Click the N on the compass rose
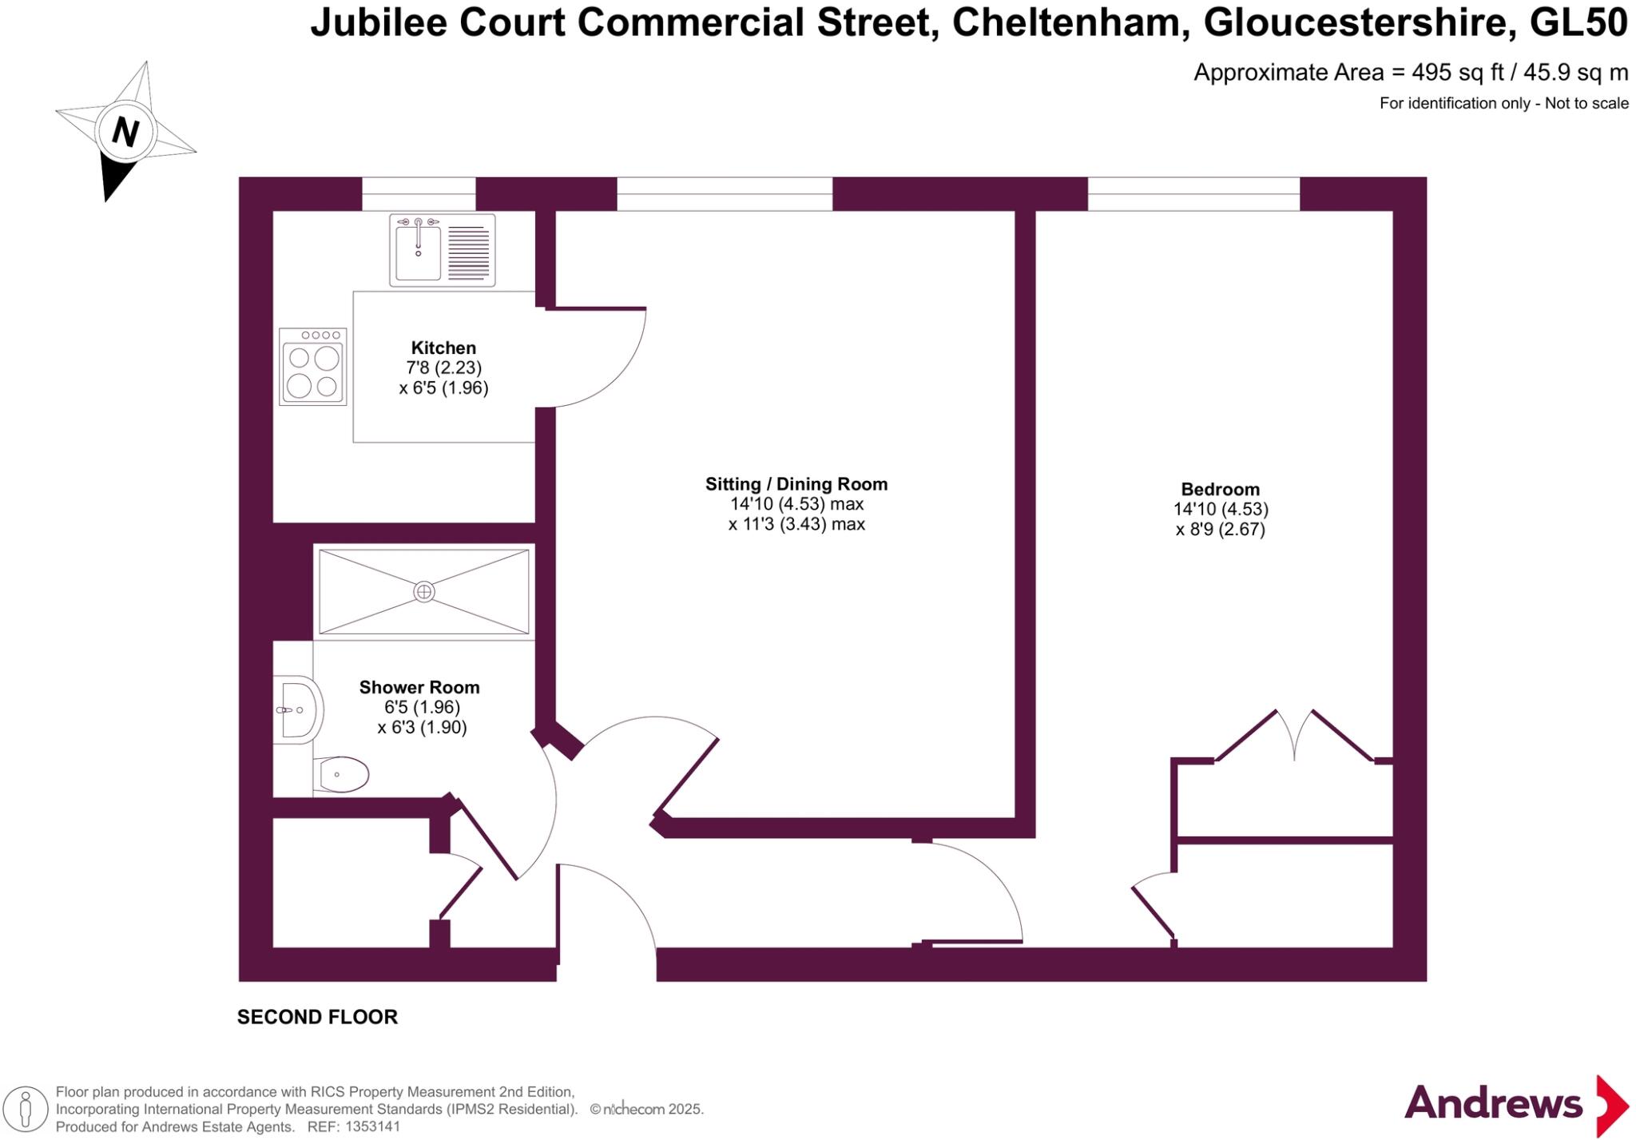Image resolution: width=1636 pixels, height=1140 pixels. (x=125, y=130)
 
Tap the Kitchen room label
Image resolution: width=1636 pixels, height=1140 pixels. (x=443, y=348)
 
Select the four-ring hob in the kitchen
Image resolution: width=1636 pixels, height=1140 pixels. (x=312, y=367)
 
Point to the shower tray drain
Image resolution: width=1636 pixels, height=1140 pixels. (x=424, y=591)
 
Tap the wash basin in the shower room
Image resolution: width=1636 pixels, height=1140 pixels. (x=300, y=709)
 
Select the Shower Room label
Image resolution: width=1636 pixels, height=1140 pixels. (x=419, y=687)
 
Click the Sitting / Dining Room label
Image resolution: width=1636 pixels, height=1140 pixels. (x=796, y=484)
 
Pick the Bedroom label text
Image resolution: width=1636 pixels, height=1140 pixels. (x=1220, y=489)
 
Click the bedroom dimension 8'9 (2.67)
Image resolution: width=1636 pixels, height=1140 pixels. (x=1220, y=529)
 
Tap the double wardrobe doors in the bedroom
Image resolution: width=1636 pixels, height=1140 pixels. (x=1294, y=735)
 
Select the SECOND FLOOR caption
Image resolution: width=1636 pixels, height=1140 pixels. (x=317, y=1017)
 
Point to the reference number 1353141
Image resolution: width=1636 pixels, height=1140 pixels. (x=371, y=1127)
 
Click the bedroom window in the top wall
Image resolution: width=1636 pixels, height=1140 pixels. (x=1193, y=193)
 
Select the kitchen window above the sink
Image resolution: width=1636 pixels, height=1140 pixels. (x=419, y=193)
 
